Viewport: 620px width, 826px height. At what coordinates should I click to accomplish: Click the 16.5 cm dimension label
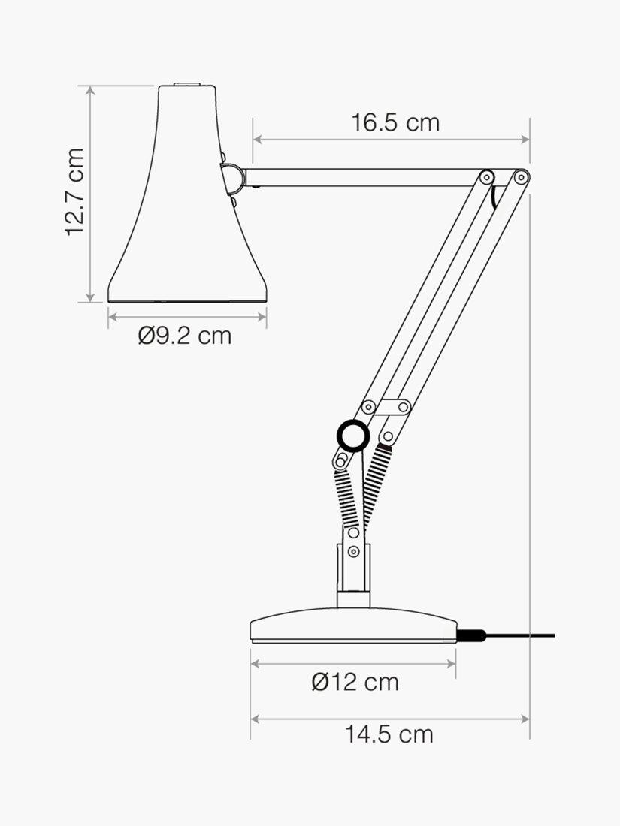tap(395, 122)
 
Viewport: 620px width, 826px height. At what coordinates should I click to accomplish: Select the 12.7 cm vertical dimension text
tap(74, 192)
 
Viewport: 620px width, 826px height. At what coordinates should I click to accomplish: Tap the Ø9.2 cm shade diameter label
tap(185, 336)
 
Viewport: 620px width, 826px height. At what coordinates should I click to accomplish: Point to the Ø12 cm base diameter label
tap(355, 682)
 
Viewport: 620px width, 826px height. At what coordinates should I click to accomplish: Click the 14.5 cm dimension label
tap(389, 734)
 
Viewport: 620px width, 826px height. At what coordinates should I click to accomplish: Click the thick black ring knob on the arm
tap(352, 434)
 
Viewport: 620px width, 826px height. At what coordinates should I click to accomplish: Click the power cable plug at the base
tap(470, 636)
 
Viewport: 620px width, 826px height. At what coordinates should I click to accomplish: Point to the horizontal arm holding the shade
tap(361, 177)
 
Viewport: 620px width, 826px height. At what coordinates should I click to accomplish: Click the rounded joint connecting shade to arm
tap(233, 177)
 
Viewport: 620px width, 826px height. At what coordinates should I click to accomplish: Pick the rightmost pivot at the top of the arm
tap(520, 176)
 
